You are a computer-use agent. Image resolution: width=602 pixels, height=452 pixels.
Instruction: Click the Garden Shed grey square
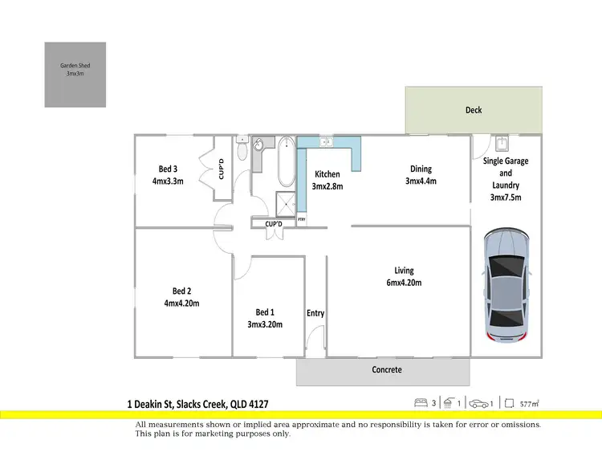75,75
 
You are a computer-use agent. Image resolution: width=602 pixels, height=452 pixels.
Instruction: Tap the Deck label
474,110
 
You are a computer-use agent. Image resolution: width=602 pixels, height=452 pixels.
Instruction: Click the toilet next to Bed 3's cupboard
242,150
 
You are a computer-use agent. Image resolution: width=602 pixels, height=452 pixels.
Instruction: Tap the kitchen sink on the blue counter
327,142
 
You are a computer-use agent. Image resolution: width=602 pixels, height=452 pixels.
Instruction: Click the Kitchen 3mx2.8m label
327,180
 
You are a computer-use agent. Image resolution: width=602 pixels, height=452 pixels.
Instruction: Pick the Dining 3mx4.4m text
421,174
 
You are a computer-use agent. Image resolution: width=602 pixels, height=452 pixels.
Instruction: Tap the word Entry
315,313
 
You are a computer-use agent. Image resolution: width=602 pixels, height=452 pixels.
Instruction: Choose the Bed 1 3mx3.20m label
265,318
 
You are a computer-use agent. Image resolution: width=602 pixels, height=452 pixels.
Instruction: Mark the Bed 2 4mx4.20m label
181,297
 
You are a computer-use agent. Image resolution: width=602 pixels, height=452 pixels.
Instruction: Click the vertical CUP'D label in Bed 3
222,169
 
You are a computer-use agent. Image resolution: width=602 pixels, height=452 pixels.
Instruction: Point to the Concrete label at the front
387,370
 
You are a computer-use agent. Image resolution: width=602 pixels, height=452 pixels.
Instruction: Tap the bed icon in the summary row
419,402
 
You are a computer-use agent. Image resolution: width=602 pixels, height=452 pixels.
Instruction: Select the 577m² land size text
529,403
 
